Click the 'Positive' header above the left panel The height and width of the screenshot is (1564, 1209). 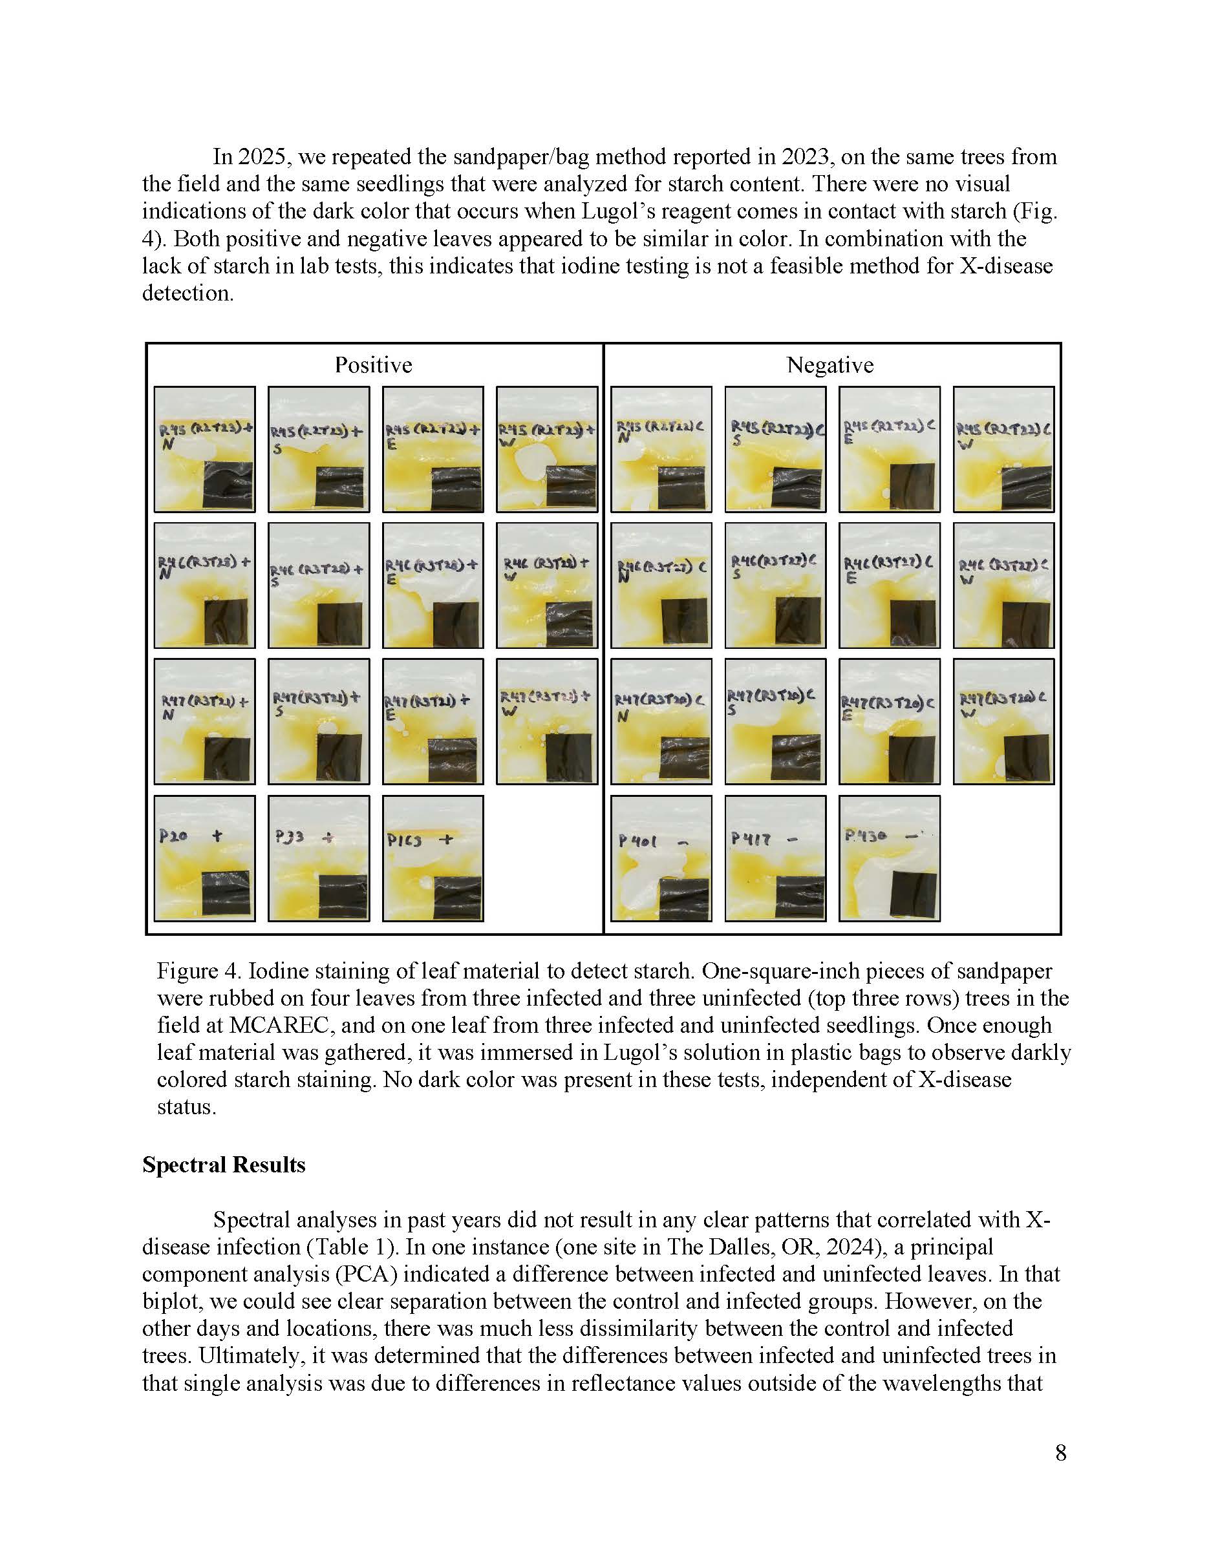pyautogui.click(x=373, y=365)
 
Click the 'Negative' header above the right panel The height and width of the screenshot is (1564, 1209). pyautogui.click(x=830, y=365)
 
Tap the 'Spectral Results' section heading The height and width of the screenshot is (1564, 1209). pyautogui.click(x=224, y=1165)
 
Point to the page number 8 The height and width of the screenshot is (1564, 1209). pyautogui.click(x=1061, y=1452)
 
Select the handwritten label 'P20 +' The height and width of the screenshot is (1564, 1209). pyautogui.click(x=191, y=836)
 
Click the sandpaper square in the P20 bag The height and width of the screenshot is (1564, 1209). pyautogui.click(x=226, y=893)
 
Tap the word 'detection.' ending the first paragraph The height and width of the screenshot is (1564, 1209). pyautogui.click(x=187, y=293)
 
